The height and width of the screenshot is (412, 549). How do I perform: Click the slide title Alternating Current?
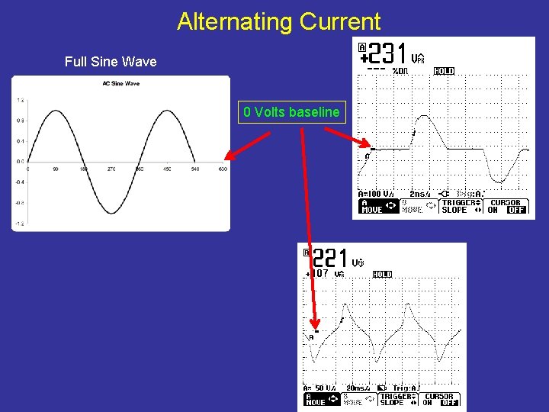pos(278,21)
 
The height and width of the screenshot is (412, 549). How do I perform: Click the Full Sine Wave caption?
pos(111,62)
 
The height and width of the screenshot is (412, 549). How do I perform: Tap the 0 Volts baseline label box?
pos(291,112)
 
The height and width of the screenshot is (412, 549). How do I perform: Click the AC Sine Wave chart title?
pos(120,83)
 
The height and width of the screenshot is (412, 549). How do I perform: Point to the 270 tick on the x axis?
pos(111,169)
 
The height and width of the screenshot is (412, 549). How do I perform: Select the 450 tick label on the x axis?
pos(167,169)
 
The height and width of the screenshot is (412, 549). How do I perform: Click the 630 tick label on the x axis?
pos(223,169)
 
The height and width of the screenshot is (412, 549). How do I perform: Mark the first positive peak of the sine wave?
pos(56,111)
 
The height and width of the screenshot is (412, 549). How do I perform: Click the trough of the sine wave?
pos(111,213)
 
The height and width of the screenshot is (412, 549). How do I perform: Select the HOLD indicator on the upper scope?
pos(444,71)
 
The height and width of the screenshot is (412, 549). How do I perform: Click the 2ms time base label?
pos(421,194)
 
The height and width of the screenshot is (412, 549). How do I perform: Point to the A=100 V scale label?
pos(377,194)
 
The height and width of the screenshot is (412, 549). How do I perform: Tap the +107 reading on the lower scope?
pos(318,273)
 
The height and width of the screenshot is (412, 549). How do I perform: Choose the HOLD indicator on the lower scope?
pos(382,274)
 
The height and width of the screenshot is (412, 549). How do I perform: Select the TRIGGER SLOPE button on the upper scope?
pos(459,206)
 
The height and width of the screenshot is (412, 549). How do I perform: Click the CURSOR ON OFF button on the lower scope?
pos(441,399)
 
